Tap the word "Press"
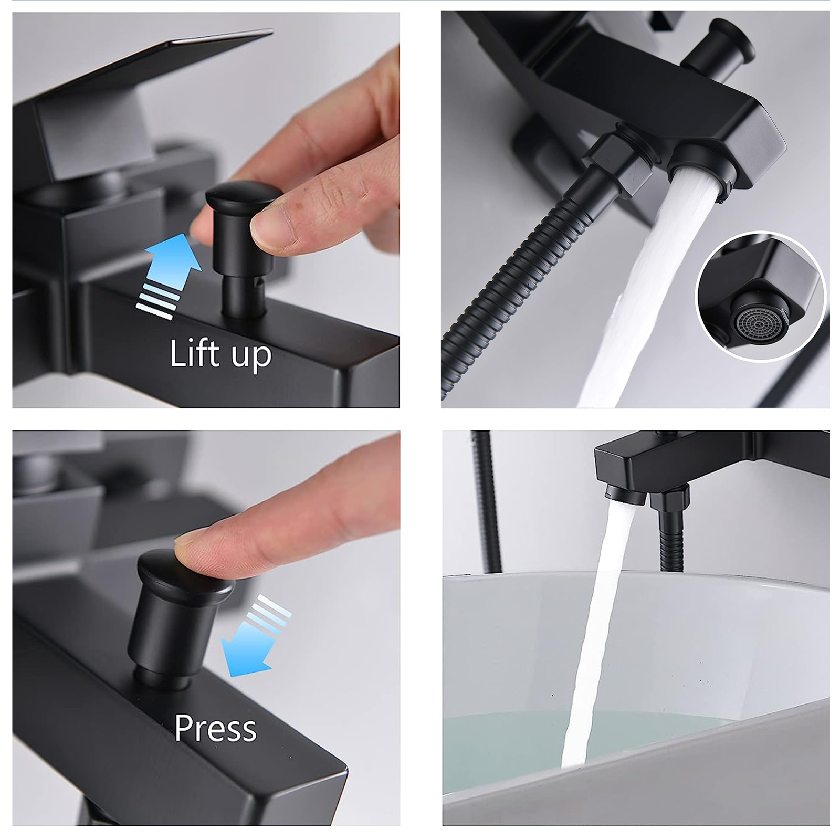point(215,728)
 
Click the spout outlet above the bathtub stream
point(624,495)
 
